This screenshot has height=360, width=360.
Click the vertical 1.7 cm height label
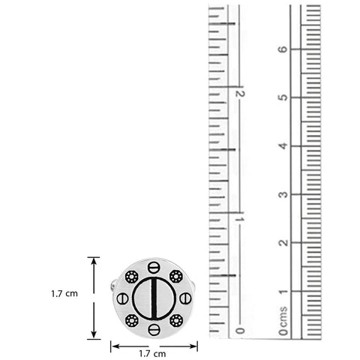[64, 293]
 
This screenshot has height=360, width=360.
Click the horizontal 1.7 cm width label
[152, 354]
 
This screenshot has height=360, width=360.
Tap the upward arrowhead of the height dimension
[94, 262]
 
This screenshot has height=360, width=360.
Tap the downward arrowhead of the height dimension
[94, 334]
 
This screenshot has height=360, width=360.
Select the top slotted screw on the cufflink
[153, 268]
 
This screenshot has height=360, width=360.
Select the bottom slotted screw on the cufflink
[154, 329]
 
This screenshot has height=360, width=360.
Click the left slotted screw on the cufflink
[122, 298]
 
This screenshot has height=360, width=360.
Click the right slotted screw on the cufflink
[185, 298]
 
